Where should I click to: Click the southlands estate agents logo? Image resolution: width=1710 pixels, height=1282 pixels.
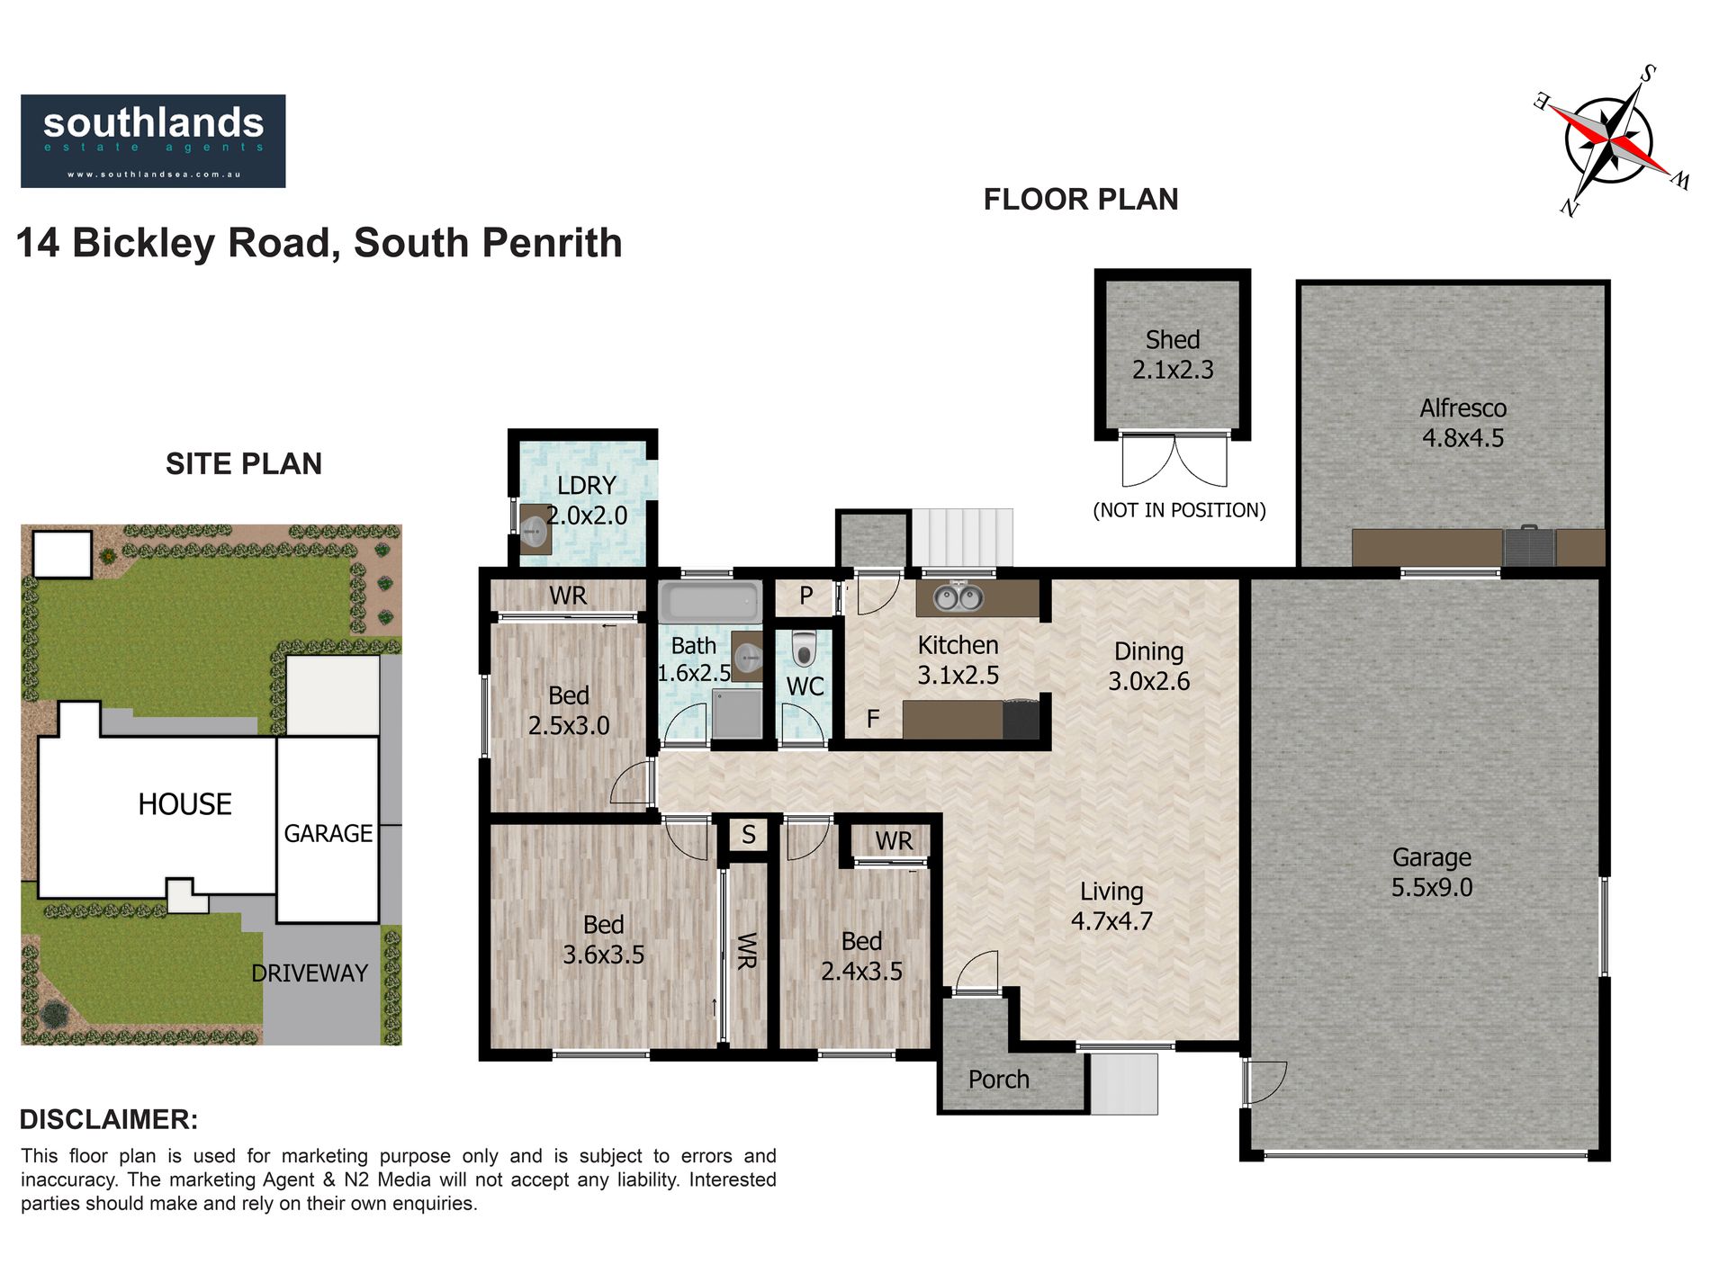153,141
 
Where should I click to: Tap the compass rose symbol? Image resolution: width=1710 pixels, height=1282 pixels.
1611,140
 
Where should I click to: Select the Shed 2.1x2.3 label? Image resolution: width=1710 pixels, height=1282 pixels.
1173,354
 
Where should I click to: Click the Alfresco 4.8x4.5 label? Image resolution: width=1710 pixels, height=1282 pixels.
1462,423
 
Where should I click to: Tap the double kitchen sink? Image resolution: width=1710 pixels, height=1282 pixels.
957,596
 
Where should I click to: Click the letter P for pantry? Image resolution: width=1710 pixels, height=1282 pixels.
806,596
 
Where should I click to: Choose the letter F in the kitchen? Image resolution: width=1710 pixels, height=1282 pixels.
872,719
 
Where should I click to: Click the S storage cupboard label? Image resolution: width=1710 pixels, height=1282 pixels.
749,835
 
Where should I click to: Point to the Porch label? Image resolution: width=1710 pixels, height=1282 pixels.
998,1080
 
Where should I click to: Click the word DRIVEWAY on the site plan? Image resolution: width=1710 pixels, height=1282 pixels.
310,973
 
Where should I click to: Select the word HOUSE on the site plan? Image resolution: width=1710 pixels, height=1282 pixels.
184,804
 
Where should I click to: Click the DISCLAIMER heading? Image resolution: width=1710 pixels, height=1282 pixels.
109,1119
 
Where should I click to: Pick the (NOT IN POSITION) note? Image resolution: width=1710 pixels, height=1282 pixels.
1179,510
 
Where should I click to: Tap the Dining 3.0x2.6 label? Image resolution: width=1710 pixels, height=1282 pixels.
1148,666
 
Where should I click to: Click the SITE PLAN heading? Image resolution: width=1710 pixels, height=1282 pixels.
244,463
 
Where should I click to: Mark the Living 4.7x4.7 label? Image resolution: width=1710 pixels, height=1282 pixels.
1111,906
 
